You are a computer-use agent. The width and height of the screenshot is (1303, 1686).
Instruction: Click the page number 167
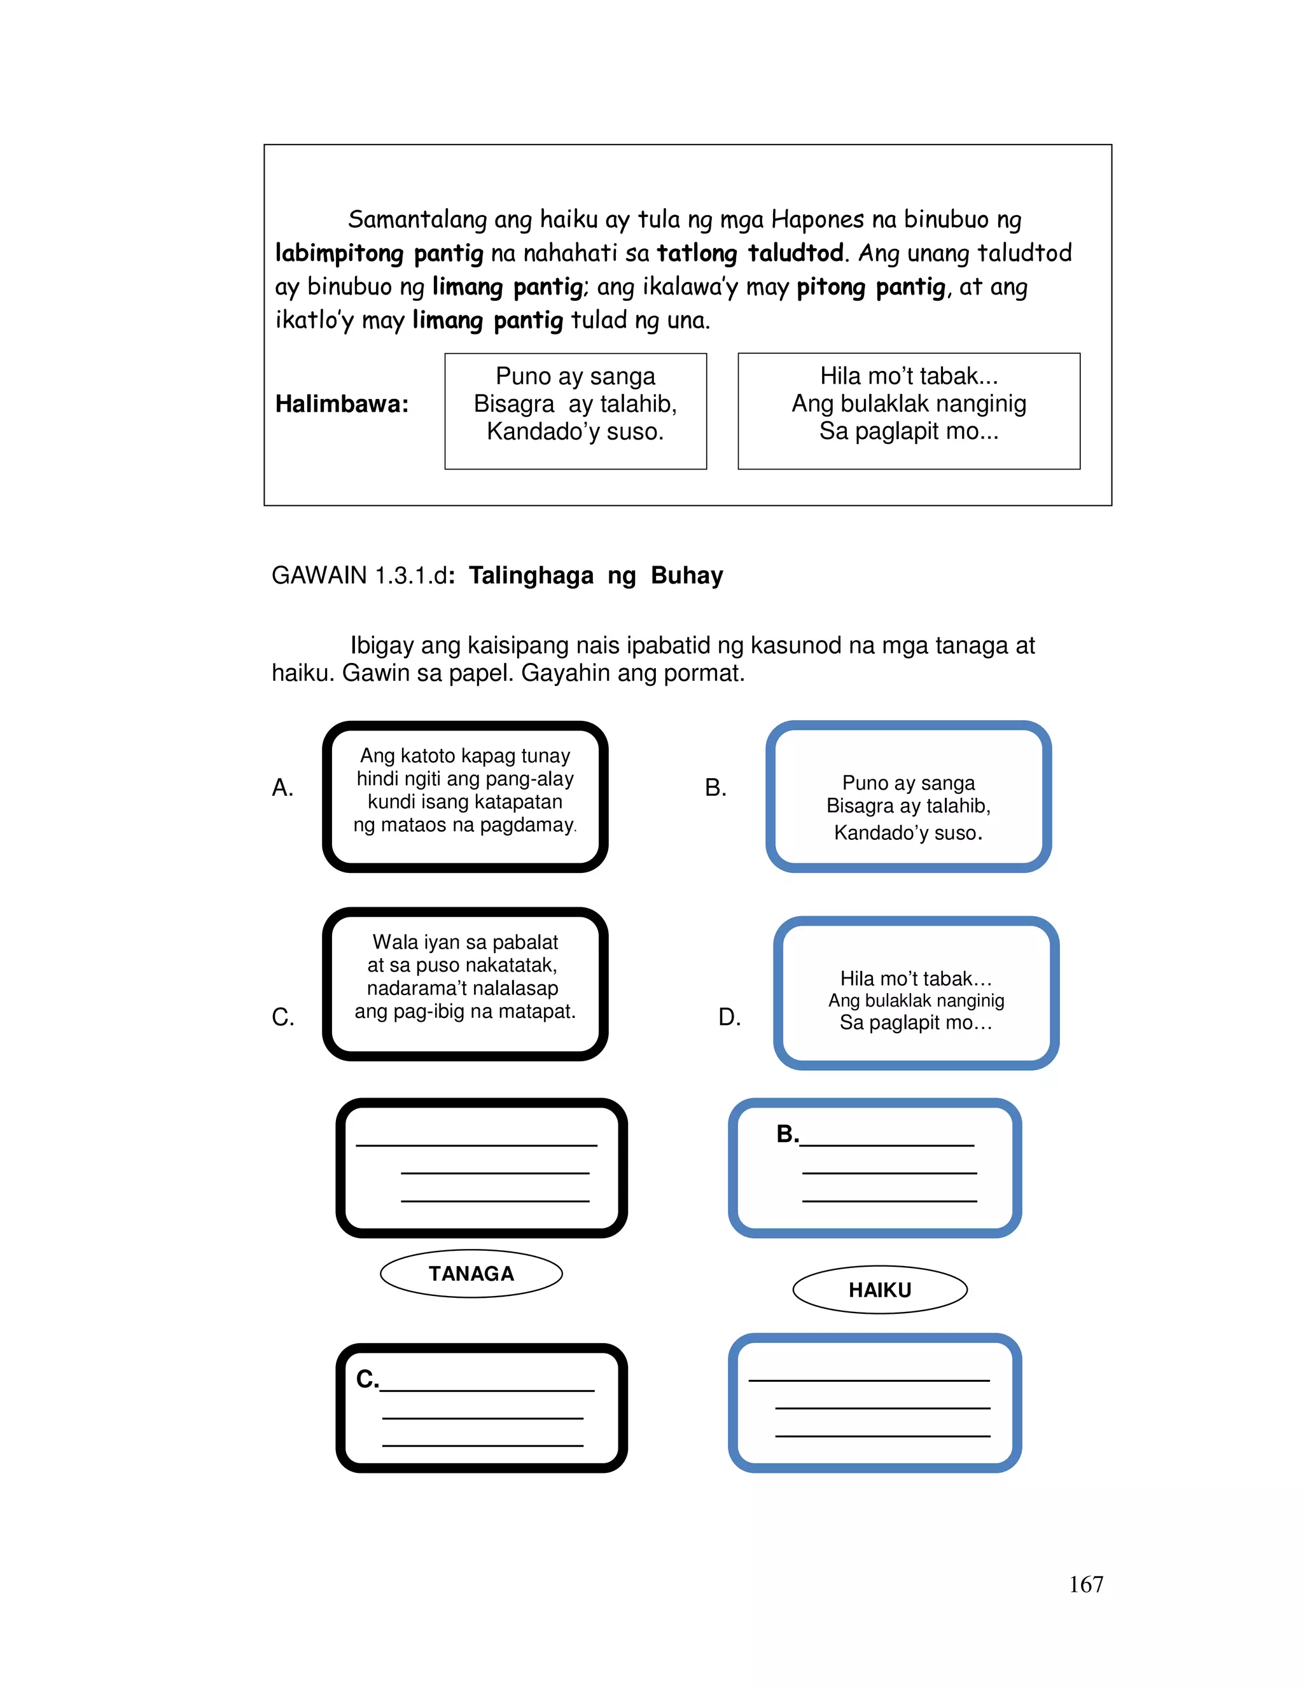click(x=1085, y=1584)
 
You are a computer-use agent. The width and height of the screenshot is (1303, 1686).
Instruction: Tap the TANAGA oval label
click(x=471, y=1273)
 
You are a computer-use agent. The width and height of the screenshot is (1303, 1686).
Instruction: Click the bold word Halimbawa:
click(x=342, y=404)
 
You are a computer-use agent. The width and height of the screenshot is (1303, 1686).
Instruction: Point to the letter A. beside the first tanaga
click(x=282, y=788)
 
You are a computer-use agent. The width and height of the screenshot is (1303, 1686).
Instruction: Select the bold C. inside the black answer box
click(x=366, y=1379)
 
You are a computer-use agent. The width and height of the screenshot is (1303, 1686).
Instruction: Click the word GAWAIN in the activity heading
click(x=319, y=575)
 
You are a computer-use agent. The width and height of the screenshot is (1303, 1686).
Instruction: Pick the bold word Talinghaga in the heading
click(x=531, y=575)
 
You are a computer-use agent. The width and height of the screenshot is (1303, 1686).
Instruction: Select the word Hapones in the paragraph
click(x=818, y=219)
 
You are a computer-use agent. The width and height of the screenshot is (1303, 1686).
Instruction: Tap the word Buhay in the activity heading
click(x=687, y=575)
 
